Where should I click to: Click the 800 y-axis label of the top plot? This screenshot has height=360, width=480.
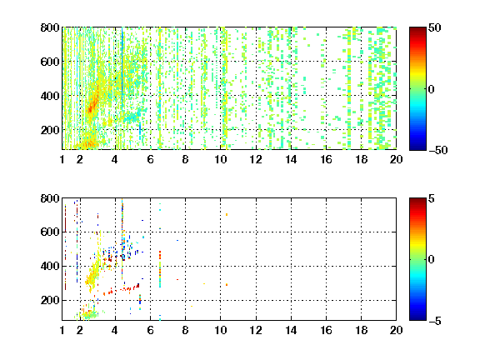click(50, 27)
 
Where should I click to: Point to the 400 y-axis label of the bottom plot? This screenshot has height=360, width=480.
click(50, 266)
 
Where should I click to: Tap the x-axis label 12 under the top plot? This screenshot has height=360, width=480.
click(256, 159)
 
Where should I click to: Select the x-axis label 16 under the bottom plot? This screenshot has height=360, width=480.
click(326, 330)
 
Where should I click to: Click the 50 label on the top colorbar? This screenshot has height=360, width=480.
click(434, 27)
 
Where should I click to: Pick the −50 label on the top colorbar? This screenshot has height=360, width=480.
click(438, 150)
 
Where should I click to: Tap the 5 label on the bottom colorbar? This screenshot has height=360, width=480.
click(432, 198)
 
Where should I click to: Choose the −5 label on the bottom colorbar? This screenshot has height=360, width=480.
click(435, 321)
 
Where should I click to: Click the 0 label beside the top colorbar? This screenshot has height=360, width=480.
click(432, 89)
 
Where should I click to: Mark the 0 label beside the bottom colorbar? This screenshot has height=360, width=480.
click(432, 260)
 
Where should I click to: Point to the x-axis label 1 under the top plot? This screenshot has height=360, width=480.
click(62, 159)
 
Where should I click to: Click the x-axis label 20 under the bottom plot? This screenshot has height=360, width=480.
click(396, 330)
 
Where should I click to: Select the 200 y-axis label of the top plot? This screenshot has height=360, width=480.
click(50, 130)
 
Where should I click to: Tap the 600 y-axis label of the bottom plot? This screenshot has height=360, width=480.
click(50, 232)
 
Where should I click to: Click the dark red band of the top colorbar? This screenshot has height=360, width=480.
click(417, 31)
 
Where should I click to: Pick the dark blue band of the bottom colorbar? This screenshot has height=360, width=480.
click(417, 317)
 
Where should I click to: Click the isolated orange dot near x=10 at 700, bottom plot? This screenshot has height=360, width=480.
click(227, 215)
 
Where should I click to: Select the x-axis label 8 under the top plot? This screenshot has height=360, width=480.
click(185, 159)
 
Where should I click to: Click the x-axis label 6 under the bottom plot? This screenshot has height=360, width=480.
click(150, 330)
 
